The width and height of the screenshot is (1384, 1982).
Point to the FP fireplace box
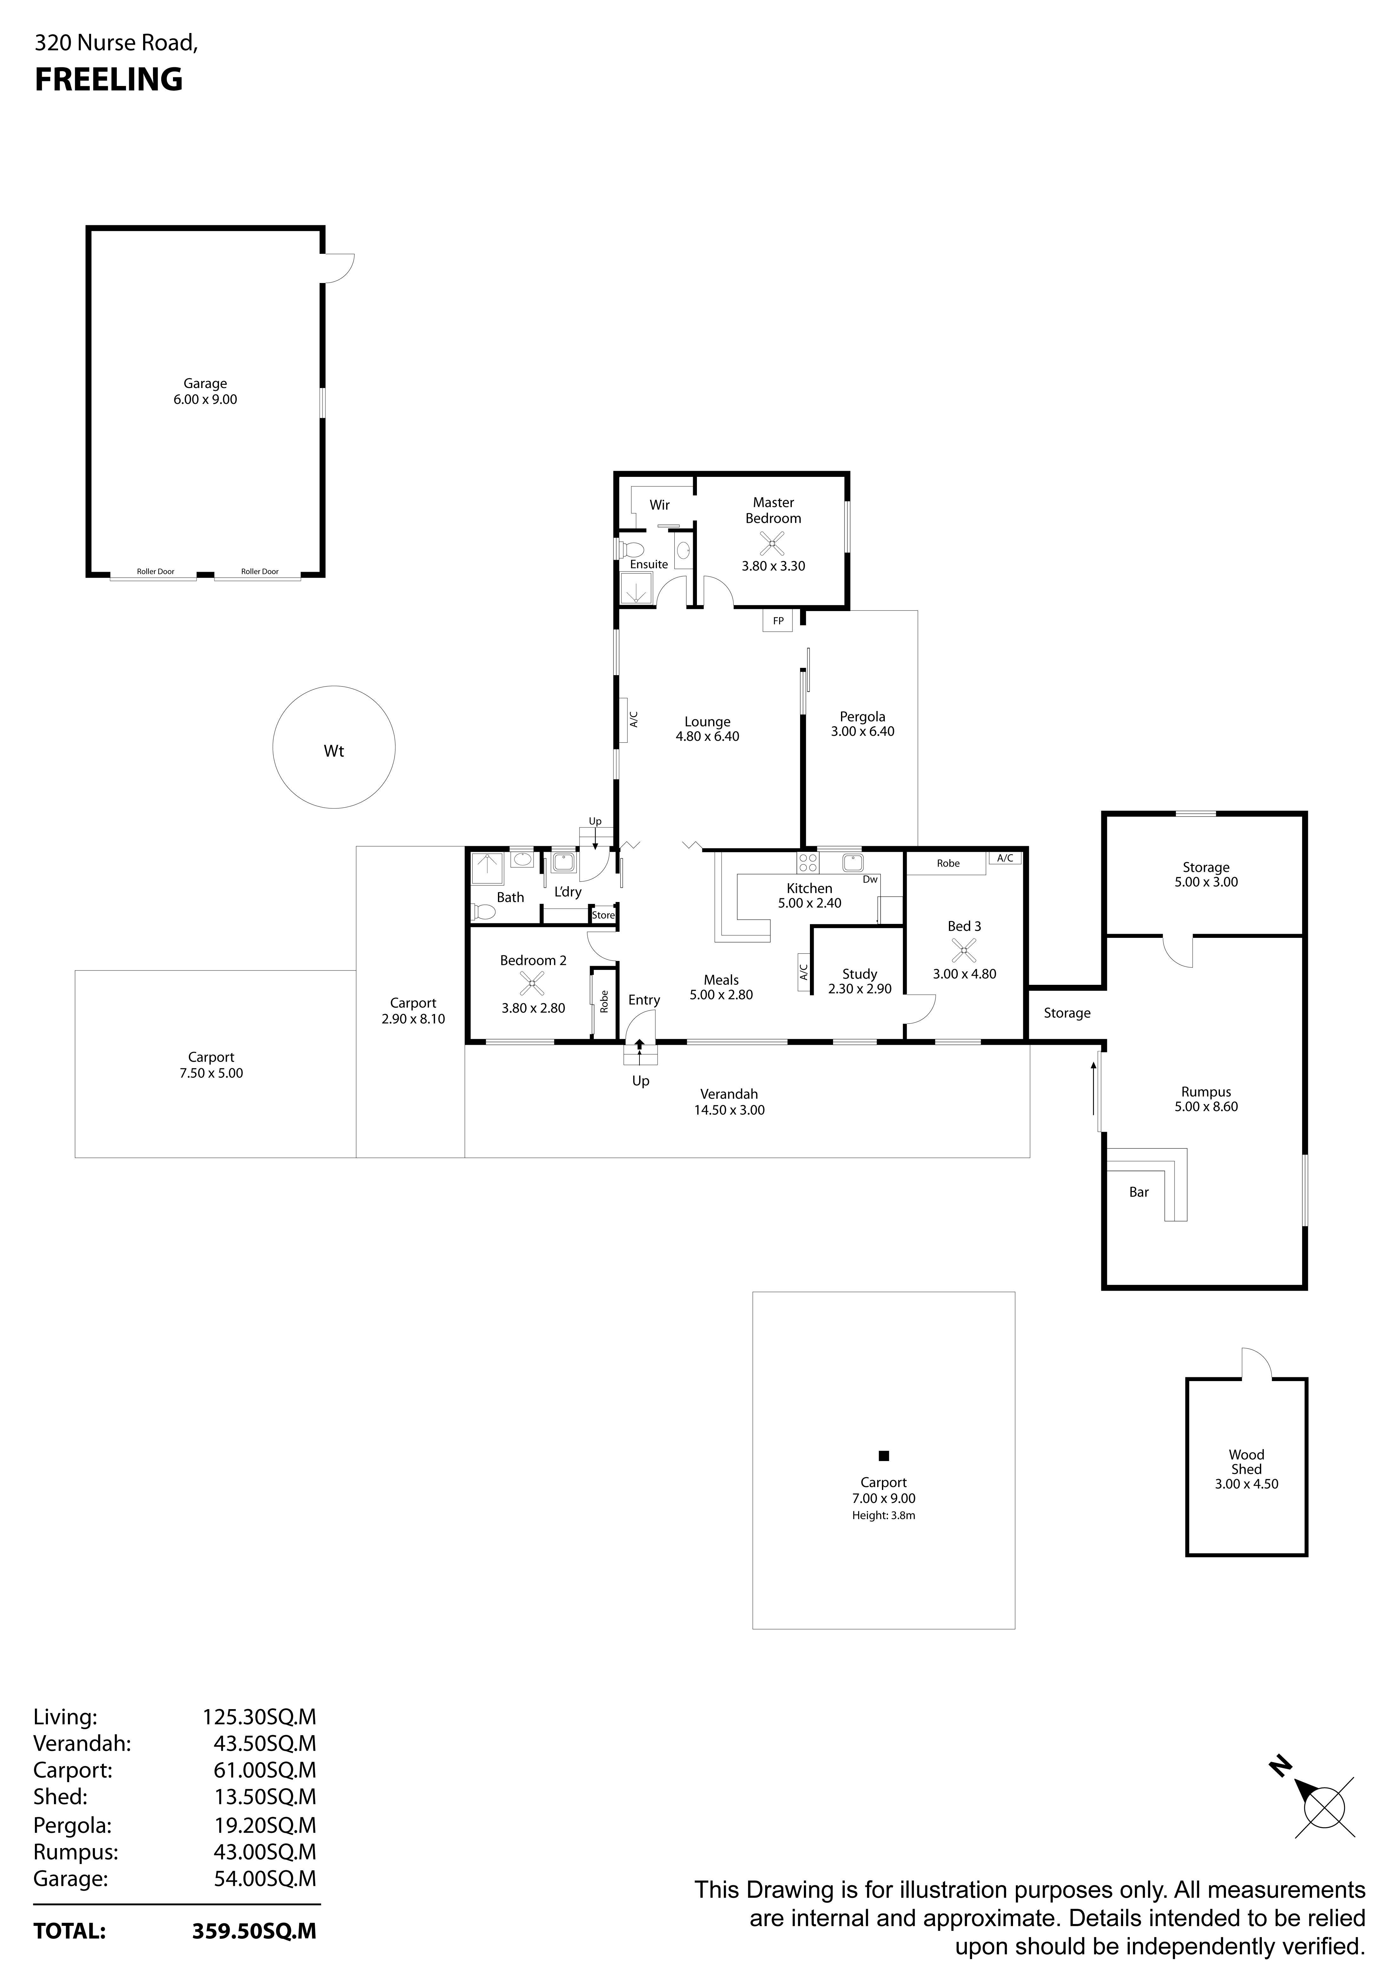pyautogui.click(x=777, y=621)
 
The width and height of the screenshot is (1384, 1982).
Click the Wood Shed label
pyautogui.click(x=1246, y=1461)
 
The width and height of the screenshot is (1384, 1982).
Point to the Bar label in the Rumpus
pyautogui.click(x=1139, y=1192)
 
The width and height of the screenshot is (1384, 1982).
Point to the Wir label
pyautogui.click(x=659, y=505)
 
